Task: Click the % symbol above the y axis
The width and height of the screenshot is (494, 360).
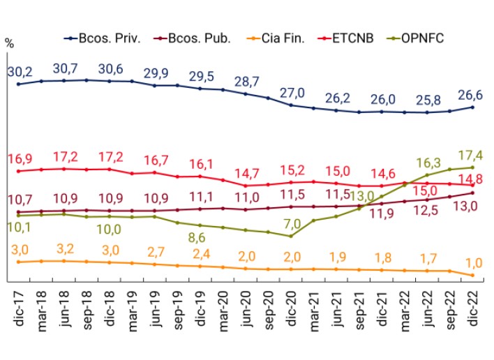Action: (x=9, y=43)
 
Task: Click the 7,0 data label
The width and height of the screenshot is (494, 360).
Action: (x=292, y=223)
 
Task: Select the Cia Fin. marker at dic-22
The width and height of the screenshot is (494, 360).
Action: (x=473, y=275)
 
